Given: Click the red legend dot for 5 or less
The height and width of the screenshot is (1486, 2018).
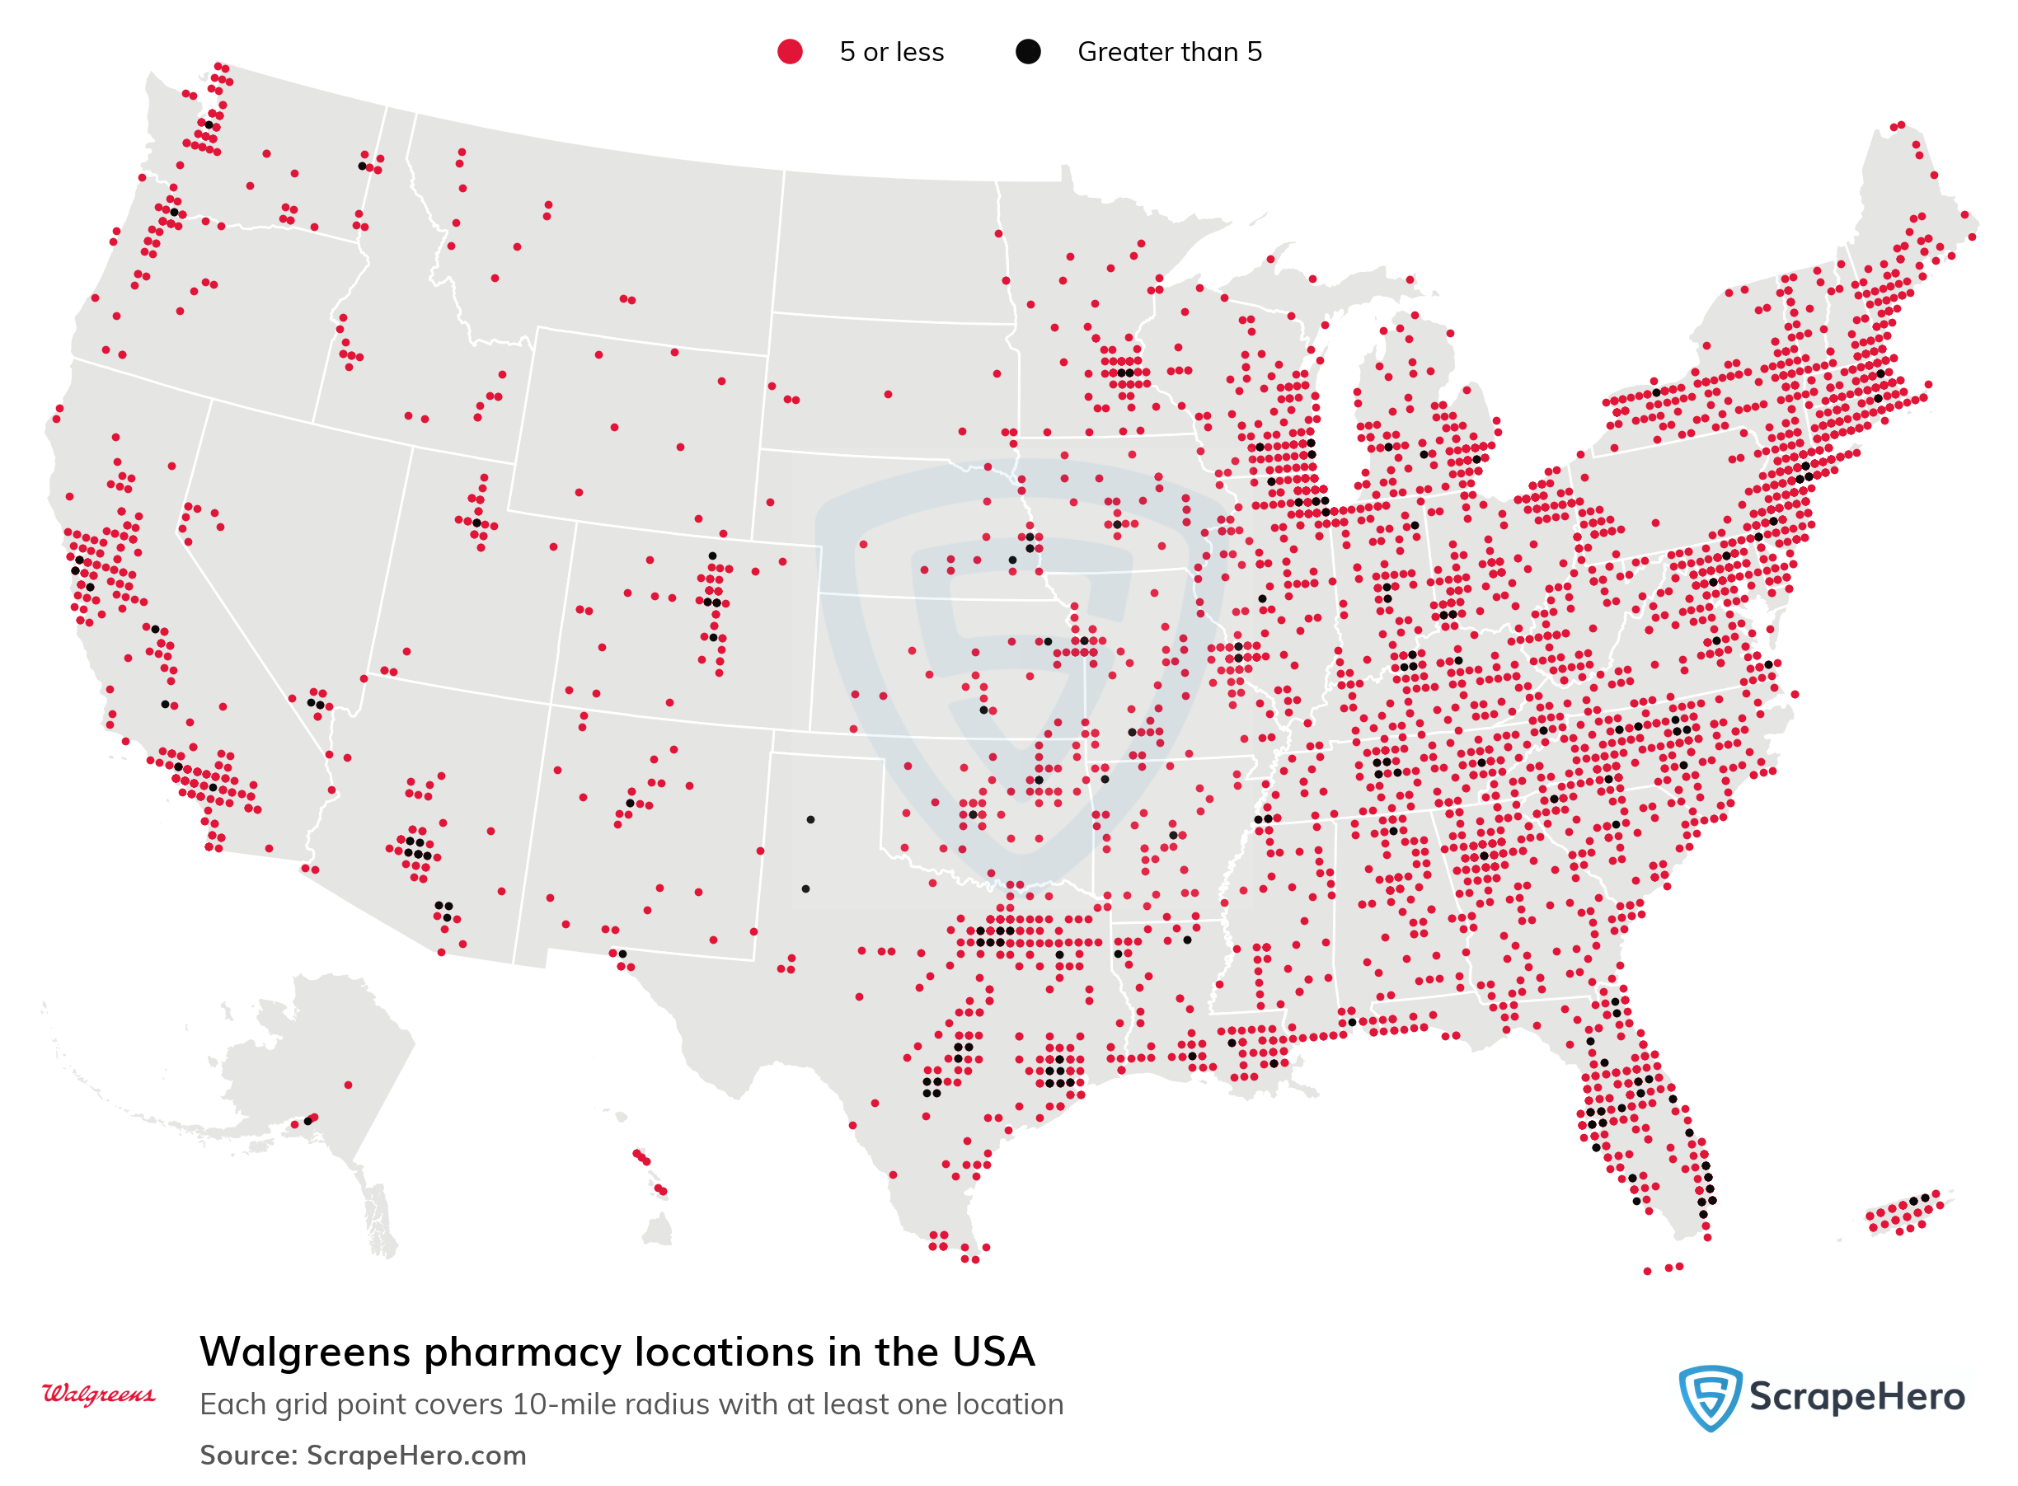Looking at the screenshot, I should click(x=789, y=52).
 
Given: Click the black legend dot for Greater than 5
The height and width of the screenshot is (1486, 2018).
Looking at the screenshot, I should click(x=1027, y=52).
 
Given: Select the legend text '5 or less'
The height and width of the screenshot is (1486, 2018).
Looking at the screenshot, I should click(x=890, y=52).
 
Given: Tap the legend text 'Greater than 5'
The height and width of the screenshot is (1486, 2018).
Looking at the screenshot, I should click(x=1169, y=52).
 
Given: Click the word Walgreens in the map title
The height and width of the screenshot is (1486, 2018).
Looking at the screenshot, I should click(x=304, y=1352).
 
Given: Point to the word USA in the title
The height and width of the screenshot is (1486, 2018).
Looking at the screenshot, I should click(x=993, y=1352).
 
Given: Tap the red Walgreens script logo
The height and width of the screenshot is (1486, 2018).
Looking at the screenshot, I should click(x=98, y=1394).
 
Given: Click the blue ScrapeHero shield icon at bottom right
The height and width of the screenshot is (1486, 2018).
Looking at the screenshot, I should click(x=1709, y=1397).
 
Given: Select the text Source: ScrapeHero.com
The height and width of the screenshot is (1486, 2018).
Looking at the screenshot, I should click(x=363, y=1455).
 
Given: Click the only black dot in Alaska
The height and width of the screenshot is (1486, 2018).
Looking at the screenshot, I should click(x=307, y=1121).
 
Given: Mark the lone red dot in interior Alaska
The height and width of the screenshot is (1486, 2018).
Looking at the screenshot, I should click(x=348, y=1085).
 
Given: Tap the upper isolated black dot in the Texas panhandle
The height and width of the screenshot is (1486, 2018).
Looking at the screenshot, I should click(x=810, y=819).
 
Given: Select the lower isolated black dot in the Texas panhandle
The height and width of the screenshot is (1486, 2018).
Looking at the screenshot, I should click(x=805, y=888).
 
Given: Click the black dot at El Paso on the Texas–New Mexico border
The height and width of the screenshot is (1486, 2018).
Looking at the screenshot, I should click(x=622, y=954).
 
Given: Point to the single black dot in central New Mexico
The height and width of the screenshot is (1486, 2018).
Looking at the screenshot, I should click(x=630, y=804).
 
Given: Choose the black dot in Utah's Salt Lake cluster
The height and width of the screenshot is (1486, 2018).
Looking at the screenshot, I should click(x=476, y=523).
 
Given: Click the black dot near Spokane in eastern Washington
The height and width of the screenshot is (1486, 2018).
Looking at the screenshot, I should click(x=362, y=166).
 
